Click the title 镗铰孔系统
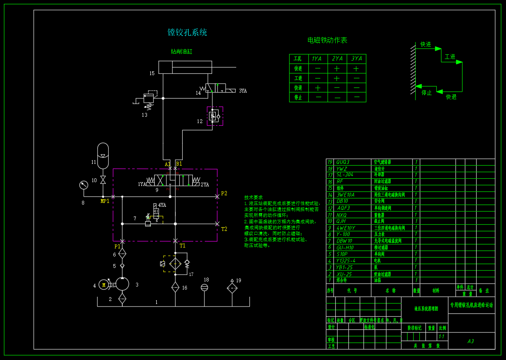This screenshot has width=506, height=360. pyautogui.click(x=187, y=32)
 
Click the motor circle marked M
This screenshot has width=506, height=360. pyautogui.click(x=103, y=285)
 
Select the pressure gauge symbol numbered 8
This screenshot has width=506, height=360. pyautogui.click(x=83, y=185)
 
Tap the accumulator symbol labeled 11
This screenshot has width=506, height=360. pyautogui.click(x=103, y=155)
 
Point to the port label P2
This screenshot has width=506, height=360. pyautogui.click(x=224, y=194)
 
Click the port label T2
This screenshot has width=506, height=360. pyautogui.click(x=224, y=229)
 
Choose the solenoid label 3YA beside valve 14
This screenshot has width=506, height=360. pyautogui.click(x=243, y=91)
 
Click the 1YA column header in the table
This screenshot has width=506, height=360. pyautogui.click(x=317, y=59)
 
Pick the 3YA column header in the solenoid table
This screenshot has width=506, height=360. pyautogui.click(x=356, y=59)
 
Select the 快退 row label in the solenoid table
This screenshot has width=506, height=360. pyautogui.click(x=298, y=88)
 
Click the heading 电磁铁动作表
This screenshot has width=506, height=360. pyautogui.click(x=327, y=40)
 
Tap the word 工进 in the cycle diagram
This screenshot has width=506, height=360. pyautogui.click(x=450, y=57)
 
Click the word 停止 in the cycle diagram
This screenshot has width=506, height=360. pyautogui.click(x=427, y=93)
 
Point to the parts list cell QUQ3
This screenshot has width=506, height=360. pyautogui.click(x=342, y=162)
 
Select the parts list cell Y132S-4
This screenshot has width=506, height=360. pyautogui.click(x=345, y=261)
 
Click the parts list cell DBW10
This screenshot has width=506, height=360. pyautogui.click(x=344, y=241)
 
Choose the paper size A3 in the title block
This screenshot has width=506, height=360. pyautogui.click(x=470, y=341)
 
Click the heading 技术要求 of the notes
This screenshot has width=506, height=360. pyautogui.click(x=254, y=197)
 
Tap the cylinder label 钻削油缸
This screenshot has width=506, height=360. pyautogui.click(x=181, y=52)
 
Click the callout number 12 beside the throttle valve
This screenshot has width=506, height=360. pyautogui.click(x=200, y=121)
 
